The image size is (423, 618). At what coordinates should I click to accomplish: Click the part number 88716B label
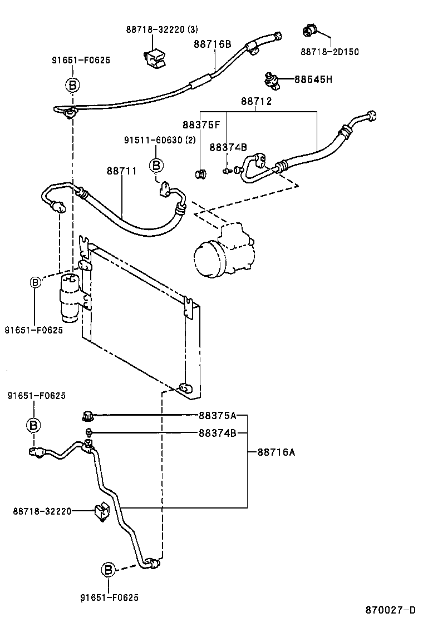(x=212, y=44)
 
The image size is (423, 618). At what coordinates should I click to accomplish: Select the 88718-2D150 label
(x=329, y=52)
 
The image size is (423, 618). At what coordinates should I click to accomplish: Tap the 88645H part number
(x=313, y=79)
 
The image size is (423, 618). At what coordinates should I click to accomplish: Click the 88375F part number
(x=201, y=125)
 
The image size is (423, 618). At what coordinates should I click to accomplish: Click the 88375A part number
(x=217, y=415)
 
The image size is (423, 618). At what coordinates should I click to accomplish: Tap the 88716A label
(x=276, y=452)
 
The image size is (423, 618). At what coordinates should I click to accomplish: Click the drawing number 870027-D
(x=390, y=609)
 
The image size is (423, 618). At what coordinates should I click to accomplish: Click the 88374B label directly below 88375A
(x=217, y=433)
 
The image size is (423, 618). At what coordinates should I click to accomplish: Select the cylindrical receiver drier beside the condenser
(x=71, y=298)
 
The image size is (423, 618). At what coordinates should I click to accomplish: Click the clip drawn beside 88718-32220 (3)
(x=155, y=57)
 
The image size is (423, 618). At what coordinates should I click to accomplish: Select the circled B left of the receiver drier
(x=35, y=282)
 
